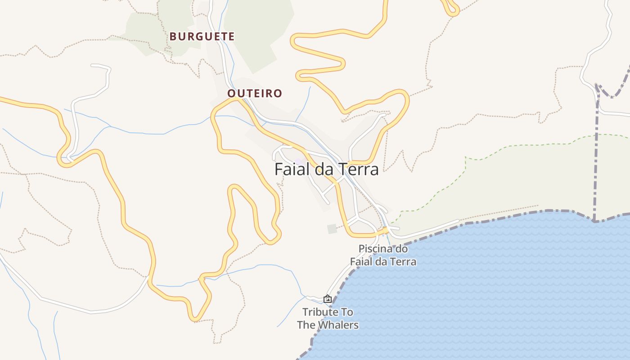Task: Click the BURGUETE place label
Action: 202,36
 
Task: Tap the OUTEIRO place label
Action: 255,94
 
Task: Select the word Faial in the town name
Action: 292,169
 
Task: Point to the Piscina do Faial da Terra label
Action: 383,255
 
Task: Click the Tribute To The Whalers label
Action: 328,318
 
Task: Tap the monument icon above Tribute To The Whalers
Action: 328,299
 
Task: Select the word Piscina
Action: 374,248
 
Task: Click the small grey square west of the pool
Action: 332,229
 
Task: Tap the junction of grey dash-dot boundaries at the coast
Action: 595,221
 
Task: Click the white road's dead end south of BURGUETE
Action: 92,66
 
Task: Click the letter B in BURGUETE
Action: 173,36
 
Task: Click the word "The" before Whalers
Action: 306,325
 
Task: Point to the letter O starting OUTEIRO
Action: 232,94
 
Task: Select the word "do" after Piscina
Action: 401,248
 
